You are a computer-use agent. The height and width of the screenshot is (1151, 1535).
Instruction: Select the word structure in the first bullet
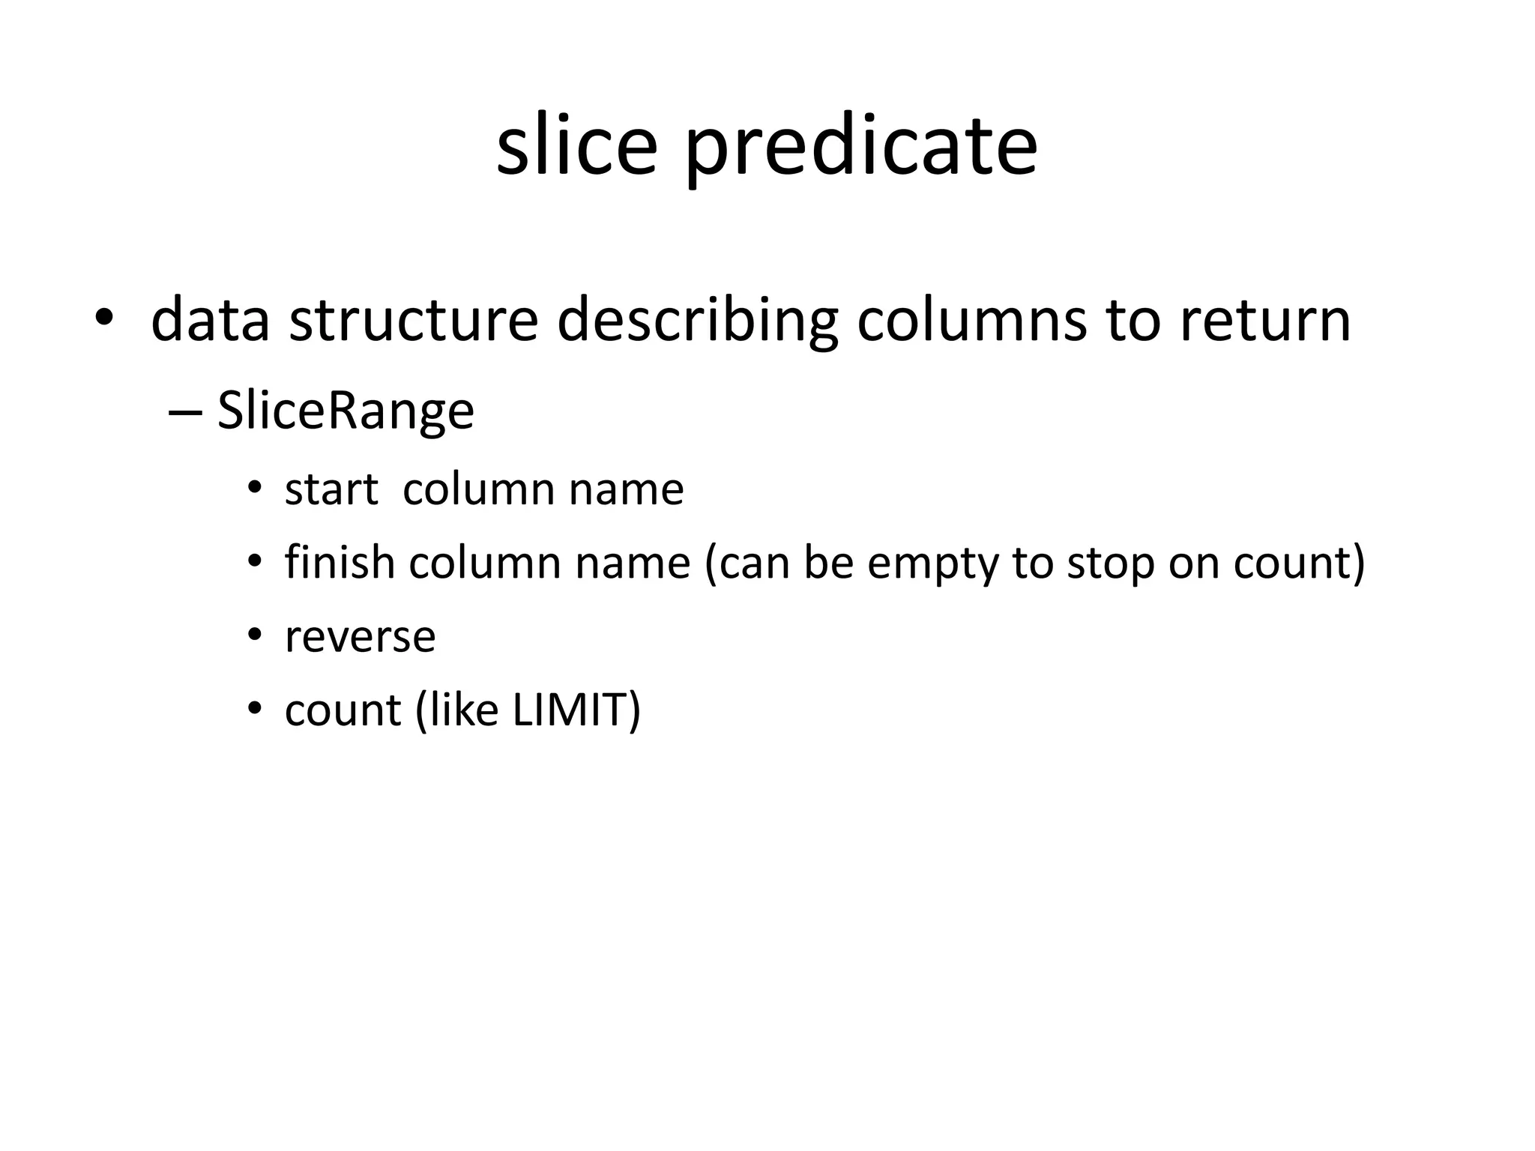pyautogui.click(x=413, y=320)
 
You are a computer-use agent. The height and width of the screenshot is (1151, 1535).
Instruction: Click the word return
pyautogui.click(x=1264, y=320)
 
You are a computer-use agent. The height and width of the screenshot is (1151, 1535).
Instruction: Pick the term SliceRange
pyautogui.click(x=346, y=411)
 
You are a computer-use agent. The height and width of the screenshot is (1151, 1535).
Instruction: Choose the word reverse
pyautogui.click(x=360, y=637)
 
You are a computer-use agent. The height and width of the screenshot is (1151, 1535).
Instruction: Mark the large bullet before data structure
pyautogui.click(x=103, y=320)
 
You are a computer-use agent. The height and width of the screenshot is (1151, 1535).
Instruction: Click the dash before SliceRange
pyautogui.click(x=185, y=413)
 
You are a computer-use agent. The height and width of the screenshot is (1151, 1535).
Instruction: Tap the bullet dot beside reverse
pyautogui.click(x=255, y=635)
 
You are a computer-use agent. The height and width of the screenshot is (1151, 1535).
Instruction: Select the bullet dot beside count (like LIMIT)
pyautogui.click(x=255, y=708)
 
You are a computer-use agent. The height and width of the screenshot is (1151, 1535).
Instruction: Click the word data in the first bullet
pyautogui.click(x=210, y=320)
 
